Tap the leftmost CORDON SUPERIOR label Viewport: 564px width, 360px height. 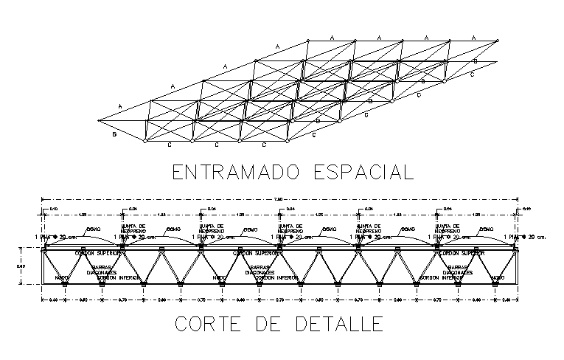[94, 252]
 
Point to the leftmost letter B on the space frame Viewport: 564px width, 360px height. [114, 134]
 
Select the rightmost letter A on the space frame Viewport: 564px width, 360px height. [473, 36]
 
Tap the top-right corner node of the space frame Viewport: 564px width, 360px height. [498, 40]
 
